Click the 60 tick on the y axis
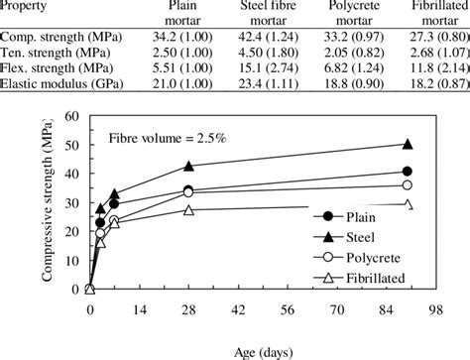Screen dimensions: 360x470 [x=71, y=116]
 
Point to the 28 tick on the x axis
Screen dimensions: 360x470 [x=188, y=309]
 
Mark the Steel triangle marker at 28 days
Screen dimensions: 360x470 [x=188, y=166]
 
